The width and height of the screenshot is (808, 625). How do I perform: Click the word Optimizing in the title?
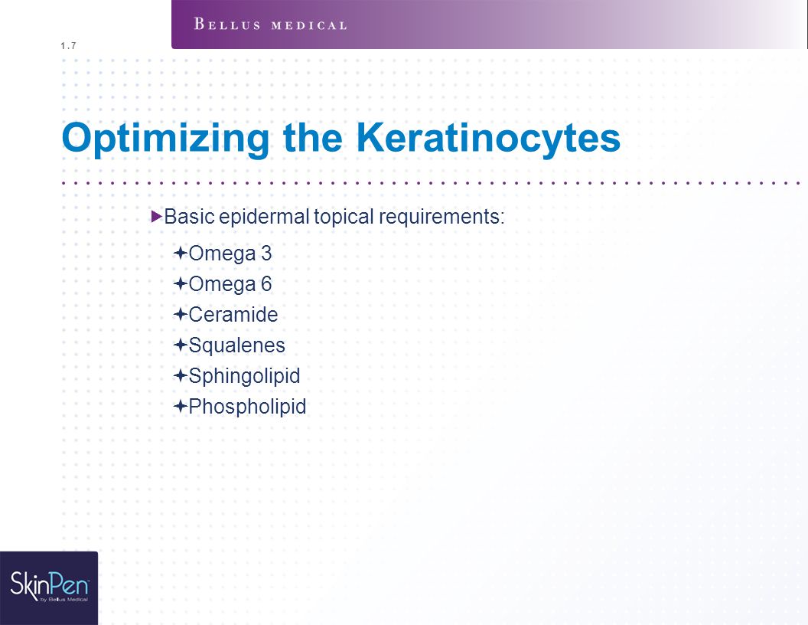point(165,139)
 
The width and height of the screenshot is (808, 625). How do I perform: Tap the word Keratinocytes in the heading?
point(488,138)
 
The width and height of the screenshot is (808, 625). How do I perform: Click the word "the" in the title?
point(313,138)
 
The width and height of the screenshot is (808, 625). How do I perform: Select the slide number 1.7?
point(68,46)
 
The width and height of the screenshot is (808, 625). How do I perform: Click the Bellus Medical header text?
point(271,25)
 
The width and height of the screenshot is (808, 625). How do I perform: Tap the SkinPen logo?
point(49,587)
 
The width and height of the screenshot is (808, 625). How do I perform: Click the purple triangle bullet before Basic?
point(157,216)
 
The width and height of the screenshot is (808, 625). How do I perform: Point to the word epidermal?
point(264,218)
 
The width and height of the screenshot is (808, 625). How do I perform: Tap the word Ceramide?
point(233,315)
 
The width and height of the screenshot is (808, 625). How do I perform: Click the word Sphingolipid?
point(244,377)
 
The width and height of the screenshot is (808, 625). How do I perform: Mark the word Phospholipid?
point(247,407)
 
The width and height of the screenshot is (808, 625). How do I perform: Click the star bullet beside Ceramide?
point(180,314)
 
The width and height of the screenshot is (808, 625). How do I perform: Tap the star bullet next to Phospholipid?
point(180,407)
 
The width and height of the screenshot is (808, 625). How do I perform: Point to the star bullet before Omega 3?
point(180,254)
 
